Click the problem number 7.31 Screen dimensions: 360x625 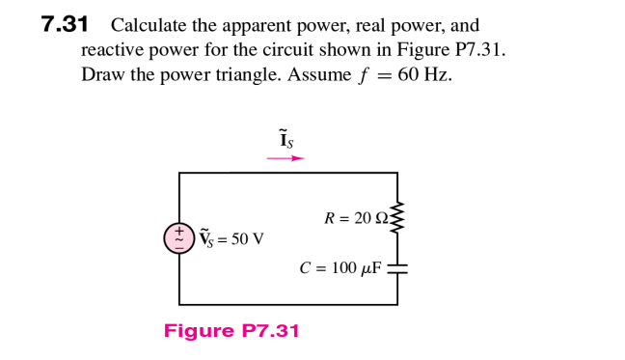coord(65,25)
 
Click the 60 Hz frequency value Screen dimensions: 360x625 coord(424,75)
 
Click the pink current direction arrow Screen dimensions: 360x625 coord(285,158)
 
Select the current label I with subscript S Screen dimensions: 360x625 coord(285,140)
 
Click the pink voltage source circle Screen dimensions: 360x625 coord(179,238)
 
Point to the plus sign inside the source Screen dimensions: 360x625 coord(179,231)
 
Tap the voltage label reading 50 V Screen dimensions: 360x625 coord(232,238)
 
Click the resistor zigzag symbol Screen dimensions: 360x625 coord(397,219)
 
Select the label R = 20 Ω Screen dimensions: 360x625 coord(356,219)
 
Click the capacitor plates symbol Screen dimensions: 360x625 coord(397,268)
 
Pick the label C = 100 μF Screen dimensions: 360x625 coord(340,268)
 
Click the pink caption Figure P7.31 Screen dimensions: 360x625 coord(231,332)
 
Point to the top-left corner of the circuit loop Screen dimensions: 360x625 coord(179,174)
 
